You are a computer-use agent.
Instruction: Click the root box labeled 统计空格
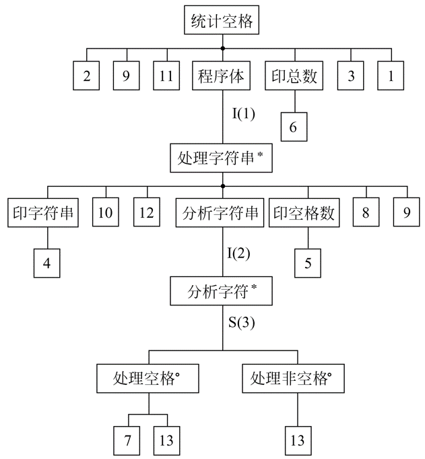click(222, 20)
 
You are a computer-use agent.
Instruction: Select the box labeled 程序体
click(221, 75)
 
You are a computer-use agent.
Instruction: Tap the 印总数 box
click(294, 75)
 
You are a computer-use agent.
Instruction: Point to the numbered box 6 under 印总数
click(294, 127)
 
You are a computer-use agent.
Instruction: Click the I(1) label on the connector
click(243, 114)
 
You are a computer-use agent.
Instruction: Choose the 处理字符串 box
click(221, 158)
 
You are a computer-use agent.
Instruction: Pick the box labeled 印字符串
click(43, 212)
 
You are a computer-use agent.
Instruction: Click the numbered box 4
click(46, 263)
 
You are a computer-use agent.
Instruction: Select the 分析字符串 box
click(220, 212)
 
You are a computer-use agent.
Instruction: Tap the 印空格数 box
click(304, 212)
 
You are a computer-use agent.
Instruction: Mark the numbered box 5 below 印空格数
click(308, 263)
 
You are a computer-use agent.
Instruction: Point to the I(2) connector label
click(238, 253)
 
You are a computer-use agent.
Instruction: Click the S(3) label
click(241, 323)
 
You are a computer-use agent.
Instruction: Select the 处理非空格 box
click(293, 379)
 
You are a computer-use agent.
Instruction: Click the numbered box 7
click(127, 441)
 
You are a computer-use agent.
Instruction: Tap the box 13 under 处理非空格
click(298, 441)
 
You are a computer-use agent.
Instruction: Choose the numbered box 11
click(166, 75)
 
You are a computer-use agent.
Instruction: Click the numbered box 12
click(147, 212)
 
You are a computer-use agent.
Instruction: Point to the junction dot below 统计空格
click(222, 49)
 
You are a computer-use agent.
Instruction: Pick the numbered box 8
click(366, 212)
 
